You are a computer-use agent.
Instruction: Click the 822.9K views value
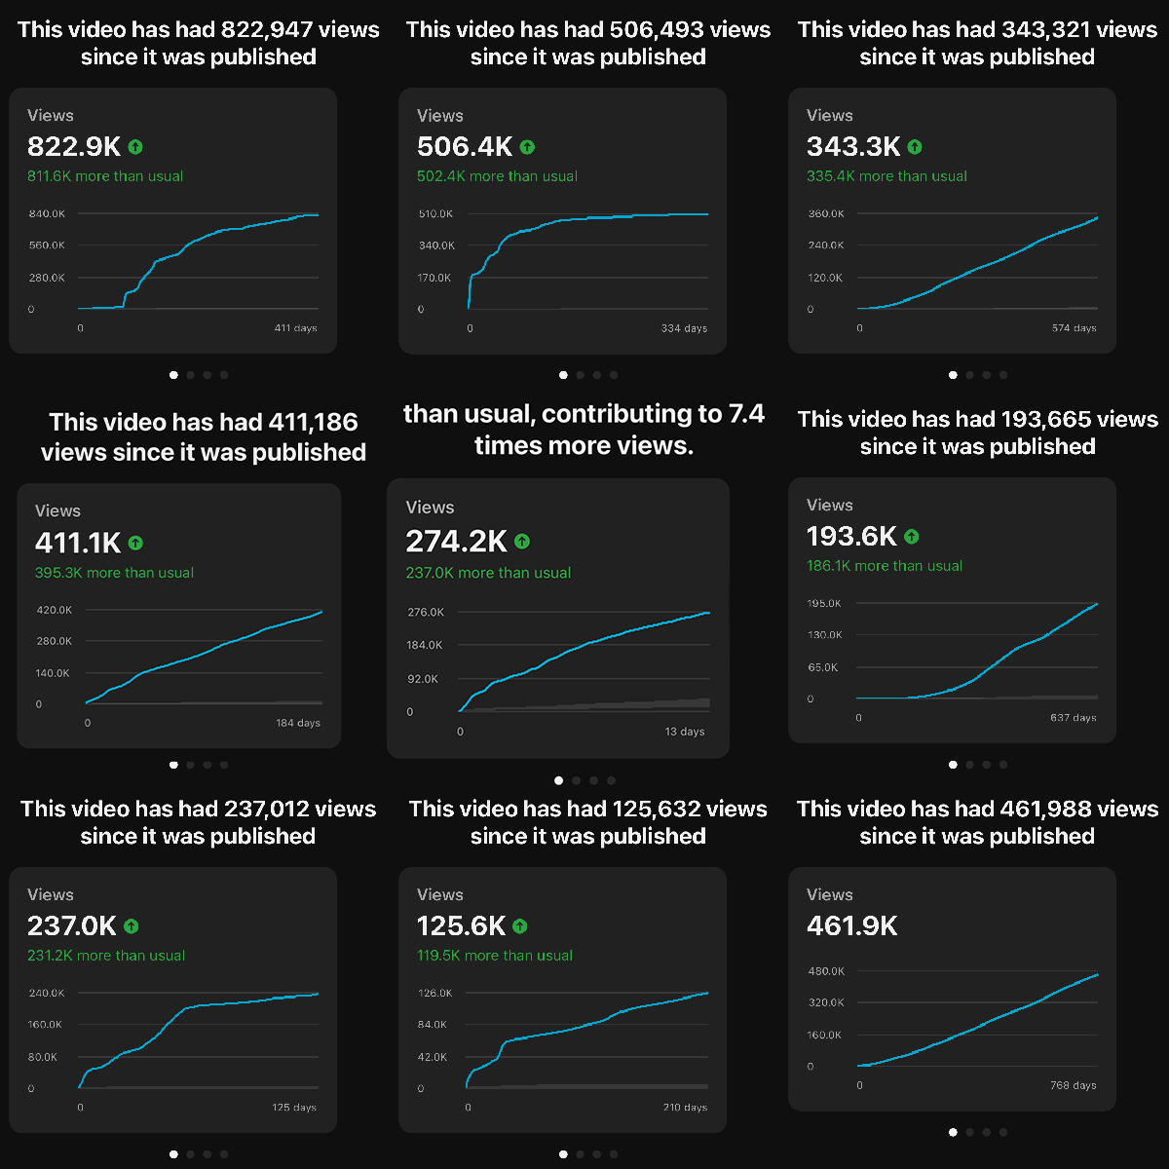tap(74, 146)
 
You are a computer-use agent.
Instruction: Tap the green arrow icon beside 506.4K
tap(527, 147)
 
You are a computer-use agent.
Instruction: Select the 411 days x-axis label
tap(295, 328)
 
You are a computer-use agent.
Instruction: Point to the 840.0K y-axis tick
tap(47, 213)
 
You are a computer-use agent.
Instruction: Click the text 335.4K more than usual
tap(886, 176)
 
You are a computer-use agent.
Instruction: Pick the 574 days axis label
tap(1075, 328)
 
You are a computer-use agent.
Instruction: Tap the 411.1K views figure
tap(78, 543)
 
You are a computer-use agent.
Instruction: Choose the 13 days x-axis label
tap(685, 732)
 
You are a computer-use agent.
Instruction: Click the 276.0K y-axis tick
tap(426, 612)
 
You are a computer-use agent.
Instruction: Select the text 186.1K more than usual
tap(885, 566)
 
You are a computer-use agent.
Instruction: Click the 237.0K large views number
tap(72, 925)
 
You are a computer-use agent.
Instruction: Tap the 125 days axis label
tap(295, 1108)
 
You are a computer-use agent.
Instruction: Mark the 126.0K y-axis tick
tap(434, 993)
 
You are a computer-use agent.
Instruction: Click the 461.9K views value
tap(852, 925)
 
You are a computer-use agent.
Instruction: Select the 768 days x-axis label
tap(1075, 1085)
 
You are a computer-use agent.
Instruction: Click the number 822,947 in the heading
tap(268, 29)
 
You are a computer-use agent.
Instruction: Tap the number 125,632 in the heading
tap(658, 809)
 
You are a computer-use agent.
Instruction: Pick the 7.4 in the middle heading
tap(746, 414)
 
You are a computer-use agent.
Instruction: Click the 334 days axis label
tap(684, 328)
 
